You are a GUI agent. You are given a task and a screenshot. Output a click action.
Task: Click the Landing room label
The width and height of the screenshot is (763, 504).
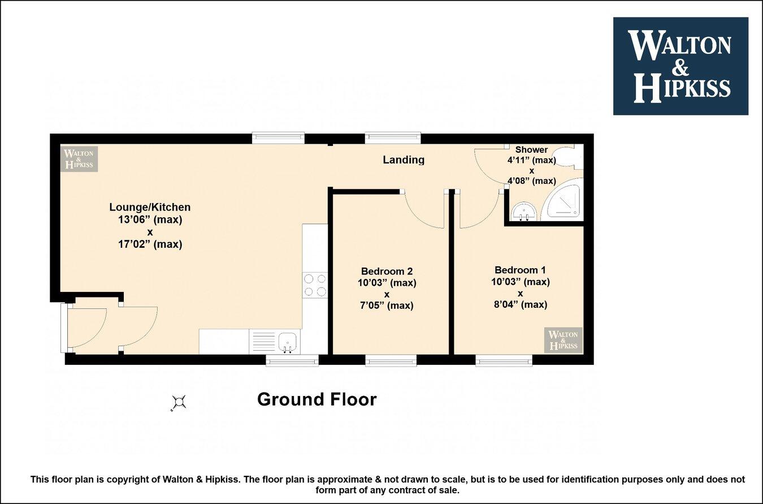click(x=404, y=160)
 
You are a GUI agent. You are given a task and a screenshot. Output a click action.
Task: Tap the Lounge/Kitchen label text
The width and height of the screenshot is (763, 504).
click(x=150, y=207)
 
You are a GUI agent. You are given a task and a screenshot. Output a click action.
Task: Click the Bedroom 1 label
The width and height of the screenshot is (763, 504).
click(x=520, y=270)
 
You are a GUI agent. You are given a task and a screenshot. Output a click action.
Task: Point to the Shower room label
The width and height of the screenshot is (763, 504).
click(x=531, y=149)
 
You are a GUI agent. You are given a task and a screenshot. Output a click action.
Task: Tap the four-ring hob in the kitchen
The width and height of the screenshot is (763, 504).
click(x=315, y=285)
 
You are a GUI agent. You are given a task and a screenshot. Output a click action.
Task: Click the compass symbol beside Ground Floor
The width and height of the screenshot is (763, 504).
click(x=179, y=402)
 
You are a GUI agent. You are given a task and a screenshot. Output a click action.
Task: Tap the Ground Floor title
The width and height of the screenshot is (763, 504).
click(x=317, y=399)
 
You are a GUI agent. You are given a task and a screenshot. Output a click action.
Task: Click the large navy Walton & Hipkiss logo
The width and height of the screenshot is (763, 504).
click(x=680, y=66)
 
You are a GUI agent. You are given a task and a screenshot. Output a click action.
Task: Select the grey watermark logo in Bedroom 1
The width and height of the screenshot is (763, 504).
click(x=563, y=339)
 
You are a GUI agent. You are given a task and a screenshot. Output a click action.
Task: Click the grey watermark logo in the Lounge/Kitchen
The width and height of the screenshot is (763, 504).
click(x=79, y=159)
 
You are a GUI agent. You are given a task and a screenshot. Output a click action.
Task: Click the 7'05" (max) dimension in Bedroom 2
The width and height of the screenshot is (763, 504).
click(x=387, y=305)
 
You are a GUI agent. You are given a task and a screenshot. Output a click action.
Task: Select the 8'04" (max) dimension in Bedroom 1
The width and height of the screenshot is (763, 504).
click(x=520, y=304)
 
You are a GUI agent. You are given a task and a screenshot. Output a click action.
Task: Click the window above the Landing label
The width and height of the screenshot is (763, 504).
click(x=393, y=137)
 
